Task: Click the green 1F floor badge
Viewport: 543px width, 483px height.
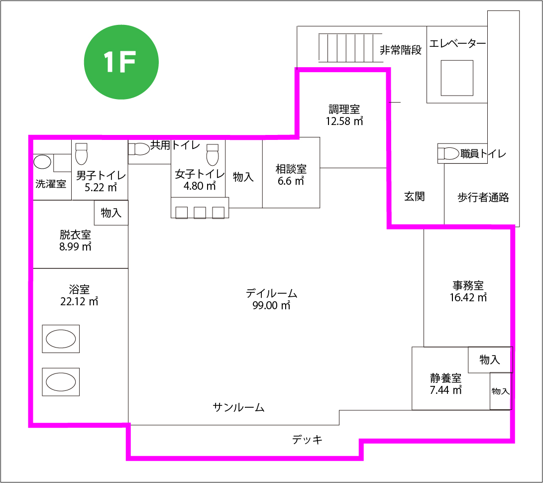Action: [121, 62]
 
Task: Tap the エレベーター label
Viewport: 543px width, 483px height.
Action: [457, 44]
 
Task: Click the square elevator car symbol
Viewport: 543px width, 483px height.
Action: [457, 78]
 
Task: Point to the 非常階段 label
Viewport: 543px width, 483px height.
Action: [401, 50]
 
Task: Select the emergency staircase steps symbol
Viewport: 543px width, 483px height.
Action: [350, 48]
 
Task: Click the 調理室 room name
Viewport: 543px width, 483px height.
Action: [344, 110]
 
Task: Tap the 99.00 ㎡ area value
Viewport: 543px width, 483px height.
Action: [271, 306]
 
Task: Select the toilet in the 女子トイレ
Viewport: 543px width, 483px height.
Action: [213, 154]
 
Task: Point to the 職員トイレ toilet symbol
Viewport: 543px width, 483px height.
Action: [448, 153]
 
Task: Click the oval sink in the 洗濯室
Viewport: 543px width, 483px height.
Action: [42, 162]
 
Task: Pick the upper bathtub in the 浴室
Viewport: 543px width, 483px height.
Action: [61, 339]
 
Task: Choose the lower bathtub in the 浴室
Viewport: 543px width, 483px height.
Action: [61, 382]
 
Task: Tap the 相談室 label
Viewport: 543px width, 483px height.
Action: [291, 169]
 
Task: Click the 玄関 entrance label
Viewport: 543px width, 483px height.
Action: [415, 197]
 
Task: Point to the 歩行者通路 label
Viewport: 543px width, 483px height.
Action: [483, 198]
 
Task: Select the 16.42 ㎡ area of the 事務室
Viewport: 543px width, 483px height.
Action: [468, 298]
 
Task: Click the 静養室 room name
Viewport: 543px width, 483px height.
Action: [445, 377]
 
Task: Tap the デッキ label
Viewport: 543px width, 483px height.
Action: [307, 440]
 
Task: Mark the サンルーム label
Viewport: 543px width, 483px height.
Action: [238, 407]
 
